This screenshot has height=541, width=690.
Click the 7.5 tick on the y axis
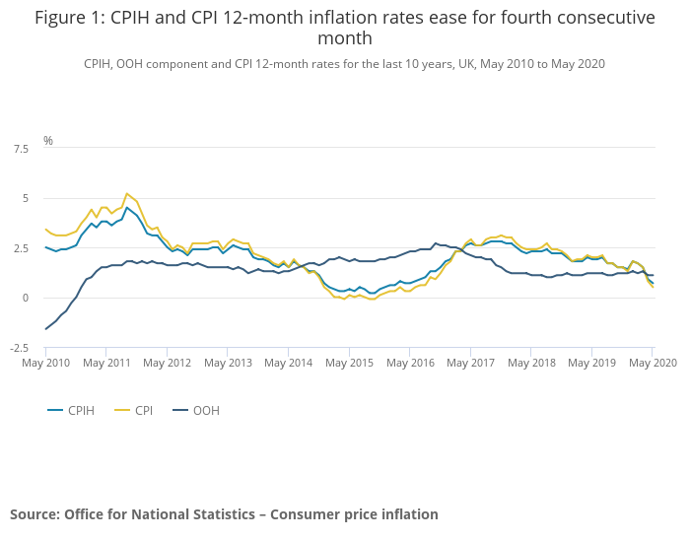(x=20, y=149)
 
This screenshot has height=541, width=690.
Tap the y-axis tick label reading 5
(x=25, y=199)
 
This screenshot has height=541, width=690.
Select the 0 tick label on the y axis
(x=25, y=299)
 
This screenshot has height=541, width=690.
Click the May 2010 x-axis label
(x=45, y=364)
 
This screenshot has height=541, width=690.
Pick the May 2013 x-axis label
(x=228, y=364)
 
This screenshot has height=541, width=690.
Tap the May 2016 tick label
(x=410, y=364)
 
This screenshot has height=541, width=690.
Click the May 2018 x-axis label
(x=531, y=364)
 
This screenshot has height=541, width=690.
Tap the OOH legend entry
(x=206, y=410)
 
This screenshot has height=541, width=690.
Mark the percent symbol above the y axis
(x=47, y=141)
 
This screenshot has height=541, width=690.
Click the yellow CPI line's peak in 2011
(x=127, y=194)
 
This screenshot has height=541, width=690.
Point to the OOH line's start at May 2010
(x=45, y=329)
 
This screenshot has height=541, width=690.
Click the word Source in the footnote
(x=34, y=514)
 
